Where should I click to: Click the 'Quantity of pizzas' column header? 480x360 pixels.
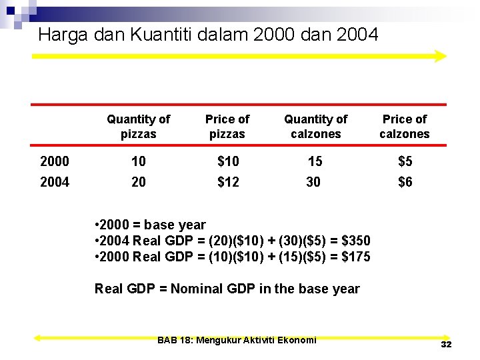pyautogui.click(x=139, y=127)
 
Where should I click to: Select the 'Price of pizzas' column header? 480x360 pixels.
pyautogui.click(x=227, y=127)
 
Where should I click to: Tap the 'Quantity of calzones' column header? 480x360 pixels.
pyautogui.click(x=315, y=127)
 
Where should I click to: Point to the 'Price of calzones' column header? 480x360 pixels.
pyautogui.click(x=405, y=127)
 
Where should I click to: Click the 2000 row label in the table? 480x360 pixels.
pyautogui.click(x=55, y=161)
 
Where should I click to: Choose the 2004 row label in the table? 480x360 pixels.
pyautogui.click(x=55, y=182)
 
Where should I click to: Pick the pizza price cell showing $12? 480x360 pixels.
pyautogui.click(x=228, y=182)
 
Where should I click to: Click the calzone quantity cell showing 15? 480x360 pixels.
pyautogui.click(x=313, y=161)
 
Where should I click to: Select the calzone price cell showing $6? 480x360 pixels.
pyautogui.click(x=405, y=182)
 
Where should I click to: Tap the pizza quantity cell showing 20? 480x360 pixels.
pyautogui.click(x=139, y=182)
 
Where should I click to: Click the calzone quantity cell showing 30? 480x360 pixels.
pyautogui.click(x=313, y=182)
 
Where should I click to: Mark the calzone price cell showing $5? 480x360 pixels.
pyautogui.click(x=405, y=161)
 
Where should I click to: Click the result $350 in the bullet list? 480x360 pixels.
pyautogui.click(x=355, y=241)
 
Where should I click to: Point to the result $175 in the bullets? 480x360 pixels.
pyautogui.click(x=355, y=257)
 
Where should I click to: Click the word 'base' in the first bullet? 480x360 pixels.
pyautogui.click(x=158, y=225)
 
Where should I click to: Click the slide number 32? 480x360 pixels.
pyautogui.click(x=446, y=345)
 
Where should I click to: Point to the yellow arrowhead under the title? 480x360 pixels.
pyautogui.click(x=439, y=56)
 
